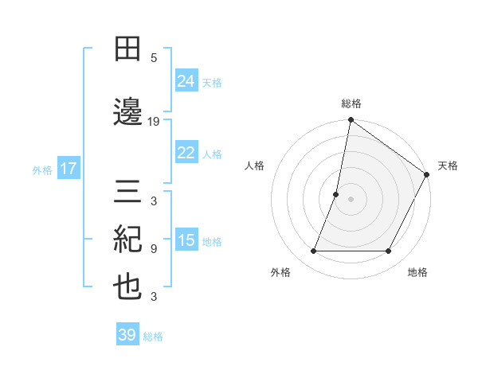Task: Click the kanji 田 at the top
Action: [x=128, y=49]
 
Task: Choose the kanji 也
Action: [x=128, y=287]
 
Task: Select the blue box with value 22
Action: [x=186, y=153]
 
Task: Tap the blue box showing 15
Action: [x=186, y=240]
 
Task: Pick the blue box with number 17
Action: [x=68, y=169]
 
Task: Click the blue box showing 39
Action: [x=127, y=335]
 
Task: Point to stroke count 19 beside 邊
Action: [x=154, y=122]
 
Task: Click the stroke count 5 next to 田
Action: [x=154, y=58]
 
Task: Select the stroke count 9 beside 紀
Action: [x=154, y=249]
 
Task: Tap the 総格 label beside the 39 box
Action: [x=153, y=337]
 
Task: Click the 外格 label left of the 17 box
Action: [x=42, y=169]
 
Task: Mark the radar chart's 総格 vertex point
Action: [x=351, y=121]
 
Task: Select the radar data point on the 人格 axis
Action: [x=336, y=194]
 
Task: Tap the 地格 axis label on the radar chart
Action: [x=417, y=273]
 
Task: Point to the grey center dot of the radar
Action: [x=351, y=199]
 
